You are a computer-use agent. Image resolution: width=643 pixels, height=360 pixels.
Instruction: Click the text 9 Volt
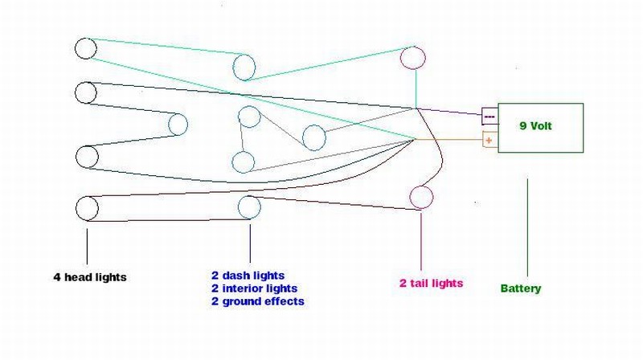tap(535, 126)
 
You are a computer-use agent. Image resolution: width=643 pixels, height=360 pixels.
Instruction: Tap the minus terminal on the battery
tap(489, 117)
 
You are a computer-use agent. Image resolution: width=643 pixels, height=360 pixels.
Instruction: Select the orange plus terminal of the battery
tap(489, 141)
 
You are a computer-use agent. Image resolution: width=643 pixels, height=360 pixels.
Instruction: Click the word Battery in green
tap(521, 288)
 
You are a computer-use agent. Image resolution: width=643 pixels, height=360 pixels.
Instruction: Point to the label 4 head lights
tap(90, 277)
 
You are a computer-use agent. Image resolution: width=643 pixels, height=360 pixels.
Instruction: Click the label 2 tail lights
tap(431, 284)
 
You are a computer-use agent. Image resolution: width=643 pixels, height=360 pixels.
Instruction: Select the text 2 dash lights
tap(248, 276)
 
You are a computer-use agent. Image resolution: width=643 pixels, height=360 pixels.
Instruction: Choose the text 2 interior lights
tap(254, 288)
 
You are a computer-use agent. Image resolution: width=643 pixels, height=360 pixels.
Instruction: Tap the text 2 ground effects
tap(258, 301)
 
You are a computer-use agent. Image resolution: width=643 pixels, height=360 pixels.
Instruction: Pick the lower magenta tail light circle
tap(410, 197)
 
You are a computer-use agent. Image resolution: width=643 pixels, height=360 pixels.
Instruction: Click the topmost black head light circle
tap(75, 48)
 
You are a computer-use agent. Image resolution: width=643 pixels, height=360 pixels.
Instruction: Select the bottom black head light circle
tap(76, 208)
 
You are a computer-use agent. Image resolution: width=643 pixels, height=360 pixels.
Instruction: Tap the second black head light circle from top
tap(76, 92)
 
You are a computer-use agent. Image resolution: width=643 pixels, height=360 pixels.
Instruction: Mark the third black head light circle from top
tap(76, 157)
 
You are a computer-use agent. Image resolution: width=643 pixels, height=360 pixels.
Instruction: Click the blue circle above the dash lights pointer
tap(238, 207)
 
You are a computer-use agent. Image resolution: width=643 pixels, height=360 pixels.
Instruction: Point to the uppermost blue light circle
tap(233, 67)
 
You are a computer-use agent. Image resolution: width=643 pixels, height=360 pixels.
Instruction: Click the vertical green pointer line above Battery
tap(527, 227)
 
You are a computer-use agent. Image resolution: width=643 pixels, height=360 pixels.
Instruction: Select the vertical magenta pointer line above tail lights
tap(421, 242)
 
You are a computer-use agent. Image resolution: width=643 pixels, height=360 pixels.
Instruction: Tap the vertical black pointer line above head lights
tap(87, 247)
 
